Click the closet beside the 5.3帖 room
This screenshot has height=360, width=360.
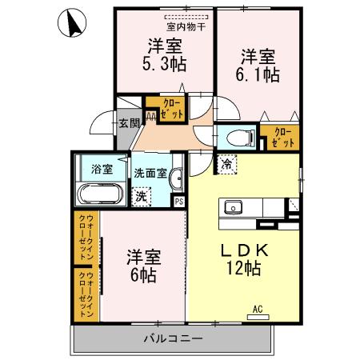[x=172, y=109]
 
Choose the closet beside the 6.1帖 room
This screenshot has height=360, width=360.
[x=282, y=138]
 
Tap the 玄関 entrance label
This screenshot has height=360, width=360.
[x=130, y=123]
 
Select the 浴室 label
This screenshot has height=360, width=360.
[x=101, y=170]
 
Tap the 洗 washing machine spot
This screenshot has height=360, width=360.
[x=140, y=194]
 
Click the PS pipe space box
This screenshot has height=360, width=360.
[x=178, y=202]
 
